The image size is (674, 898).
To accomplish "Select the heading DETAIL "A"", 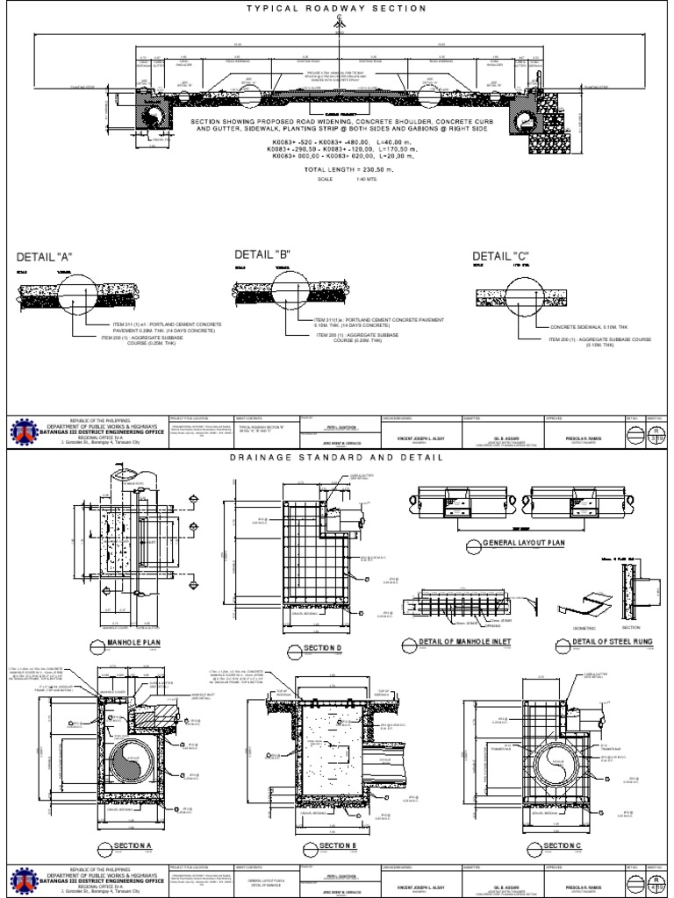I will (44, 257).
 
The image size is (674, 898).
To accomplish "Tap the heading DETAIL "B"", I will (262, 254).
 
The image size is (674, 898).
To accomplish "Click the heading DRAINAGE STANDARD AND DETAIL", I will (337, 458).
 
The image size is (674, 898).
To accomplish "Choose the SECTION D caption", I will (321, 647).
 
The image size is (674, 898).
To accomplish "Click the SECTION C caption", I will (562, 846).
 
